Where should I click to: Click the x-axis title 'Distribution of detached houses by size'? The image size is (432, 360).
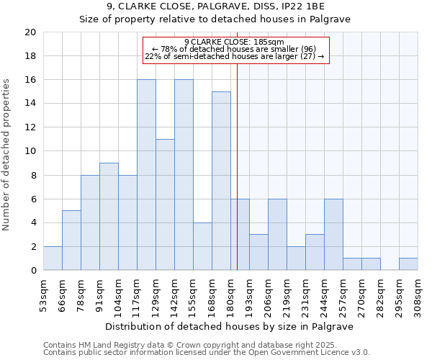234,326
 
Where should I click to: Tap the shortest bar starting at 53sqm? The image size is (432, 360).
53,258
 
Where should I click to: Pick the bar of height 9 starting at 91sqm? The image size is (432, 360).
109,217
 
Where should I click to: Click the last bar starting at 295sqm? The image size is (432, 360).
408,264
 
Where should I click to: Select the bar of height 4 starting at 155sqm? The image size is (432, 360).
202,246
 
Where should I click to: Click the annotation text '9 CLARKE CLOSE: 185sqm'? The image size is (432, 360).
235,42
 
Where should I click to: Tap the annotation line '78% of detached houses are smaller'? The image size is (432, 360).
235,49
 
